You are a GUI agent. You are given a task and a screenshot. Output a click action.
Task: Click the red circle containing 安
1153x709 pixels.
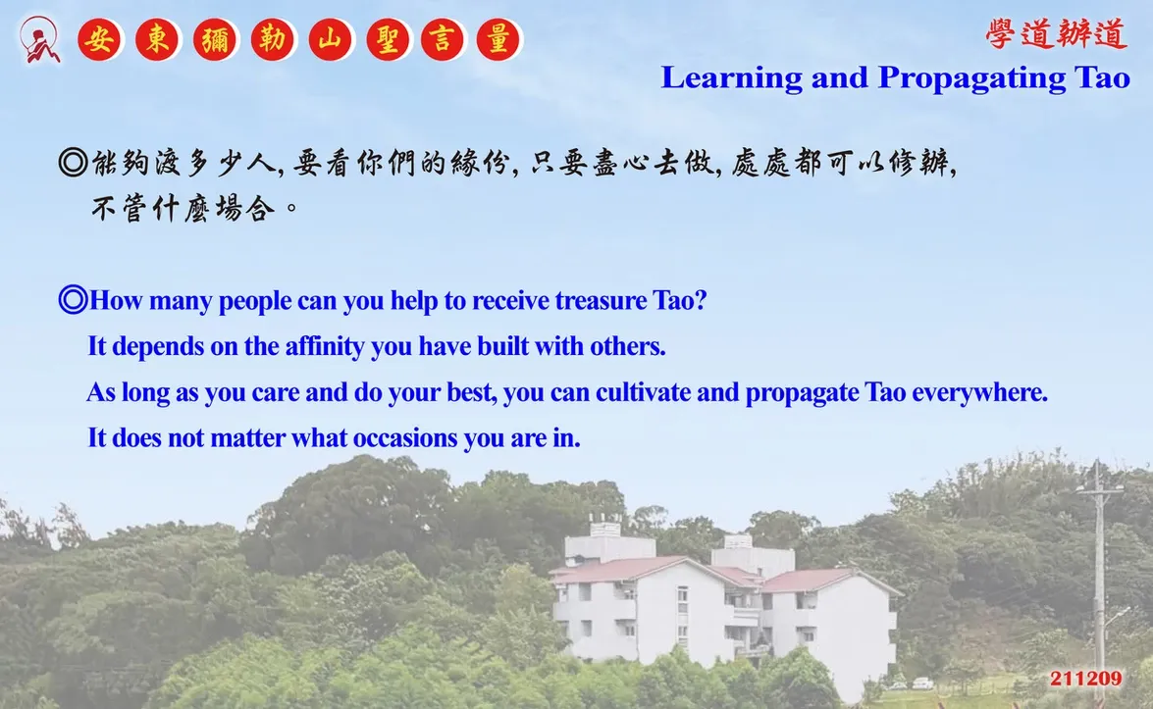100,39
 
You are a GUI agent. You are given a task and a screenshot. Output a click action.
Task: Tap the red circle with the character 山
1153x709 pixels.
331,39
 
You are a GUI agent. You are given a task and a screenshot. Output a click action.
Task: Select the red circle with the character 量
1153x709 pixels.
498,39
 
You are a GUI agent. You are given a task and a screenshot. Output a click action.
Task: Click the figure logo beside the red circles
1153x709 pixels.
39,39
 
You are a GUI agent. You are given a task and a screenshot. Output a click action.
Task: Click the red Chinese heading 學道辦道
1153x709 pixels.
1056,34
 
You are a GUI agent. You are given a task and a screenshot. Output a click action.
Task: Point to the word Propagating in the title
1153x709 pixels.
971,78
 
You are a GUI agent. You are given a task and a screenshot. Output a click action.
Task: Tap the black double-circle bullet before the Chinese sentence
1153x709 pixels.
73,163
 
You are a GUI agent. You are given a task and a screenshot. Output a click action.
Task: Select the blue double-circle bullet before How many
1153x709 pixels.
73,300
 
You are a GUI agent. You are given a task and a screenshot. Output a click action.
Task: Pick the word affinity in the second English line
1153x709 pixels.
325,347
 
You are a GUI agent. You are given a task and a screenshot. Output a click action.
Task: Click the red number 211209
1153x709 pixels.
1086,679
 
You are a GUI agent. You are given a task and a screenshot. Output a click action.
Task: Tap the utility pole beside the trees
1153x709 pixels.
1099,581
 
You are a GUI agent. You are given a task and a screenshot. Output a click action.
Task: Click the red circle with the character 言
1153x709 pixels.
443,39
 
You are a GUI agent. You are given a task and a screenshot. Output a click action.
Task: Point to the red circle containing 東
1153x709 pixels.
157,39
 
